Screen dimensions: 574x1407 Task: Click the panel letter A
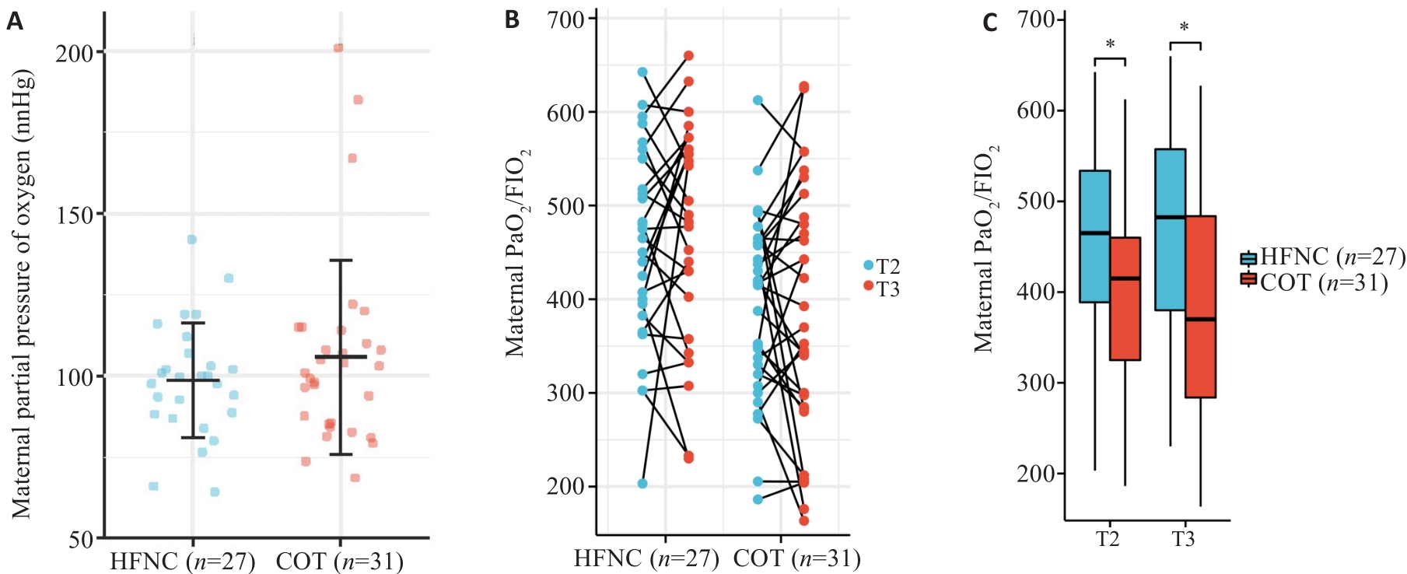click(x=14, y=21)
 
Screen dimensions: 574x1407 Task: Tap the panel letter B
click(x=512, y=19)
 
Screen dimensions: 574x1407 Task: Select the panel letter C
click(x=989, y=22)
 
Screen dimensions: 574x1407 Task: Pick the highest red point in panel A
click(x=338, y=48)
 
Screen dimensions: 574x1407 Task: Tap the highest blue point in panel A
click(x=192, y=240)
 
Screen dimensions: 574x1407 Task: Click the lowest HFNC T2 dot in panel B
click(x=642, y=484)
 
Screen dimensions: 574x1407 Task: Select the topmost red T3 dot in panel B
click(x=688, y=56)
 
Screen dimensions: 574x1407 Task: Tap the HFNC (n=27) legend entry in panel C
click(x=1322, y=257)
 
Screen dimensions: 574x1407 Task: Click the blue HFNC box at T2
click(x=1094, y=236)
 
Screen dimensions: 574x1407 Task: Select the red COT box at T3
click(x=1201, y=306)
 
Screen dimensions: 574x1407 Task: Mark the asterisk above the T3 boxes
click(x=1184, y=29)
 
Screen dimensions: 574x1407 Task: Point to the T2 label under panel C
click(x=1108, y=539)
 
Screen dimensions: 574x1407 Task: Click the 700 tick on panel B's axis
click(x=567, y=19)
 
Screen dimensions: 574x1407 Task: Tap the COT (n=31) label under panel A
click(x=340, y=562)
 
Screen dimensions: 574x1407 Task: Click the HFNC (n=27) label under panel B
click(x=646, y=558)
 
